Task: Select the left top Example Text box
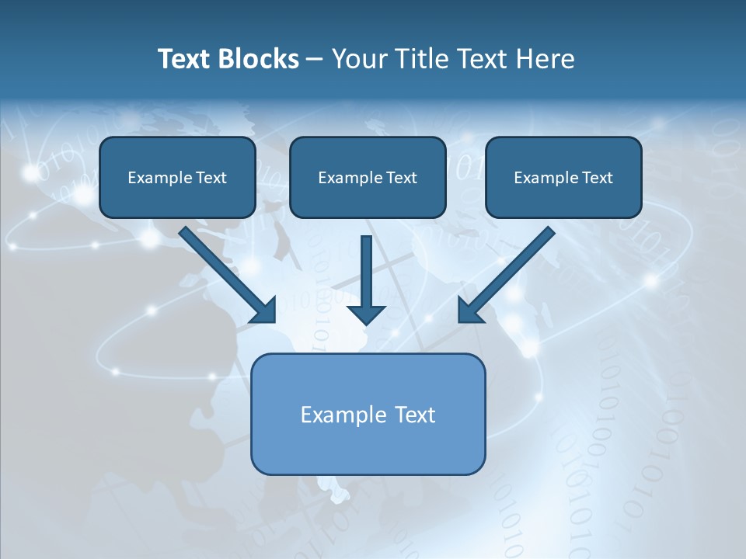[177, 177]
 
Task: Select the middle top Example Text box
[368, 177]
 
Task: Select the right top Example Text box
[563, 177]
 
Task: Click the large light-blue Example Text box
[368, 414]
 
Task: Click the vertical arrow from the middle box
[366, 272]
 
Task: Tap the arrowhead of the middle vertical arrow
[366, 314]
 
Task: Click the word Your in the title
[355, 59]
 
